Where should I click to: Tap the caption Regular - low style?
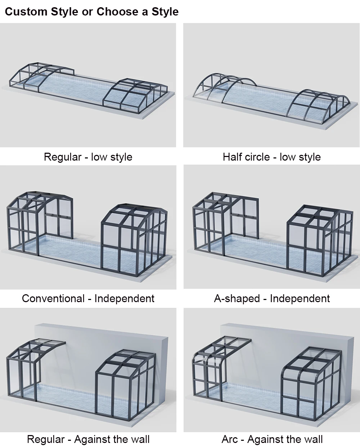88,157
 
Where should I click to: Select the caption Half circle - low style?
271,157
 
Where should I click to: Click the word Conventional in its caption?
53,299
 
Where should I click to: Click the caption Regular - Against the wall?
88,439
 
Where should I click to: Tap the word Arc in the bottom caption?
230,439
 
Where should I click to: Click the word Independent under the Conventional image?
124,299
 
